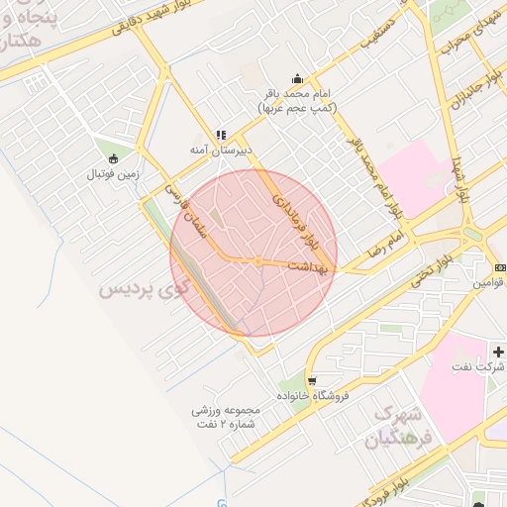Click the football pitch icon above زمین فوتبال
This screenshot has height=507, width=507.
coord(113,158)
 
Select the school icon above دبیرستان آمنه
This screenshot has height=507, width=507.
coord(222,135)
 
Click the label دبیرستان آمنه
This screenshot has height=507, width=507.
coord(222,150)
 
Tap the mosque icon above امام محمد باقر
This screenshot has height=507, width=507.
coord(297,79)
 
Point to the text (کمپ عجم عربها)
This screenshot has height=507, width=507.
coord(297,106)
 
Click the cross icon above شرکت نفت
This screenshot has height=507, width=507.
coord(498,352)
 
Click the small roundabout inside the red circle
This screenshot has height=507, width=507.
coord(256,261)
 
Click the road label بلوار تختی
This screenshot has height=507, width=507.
coord(434,268)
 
